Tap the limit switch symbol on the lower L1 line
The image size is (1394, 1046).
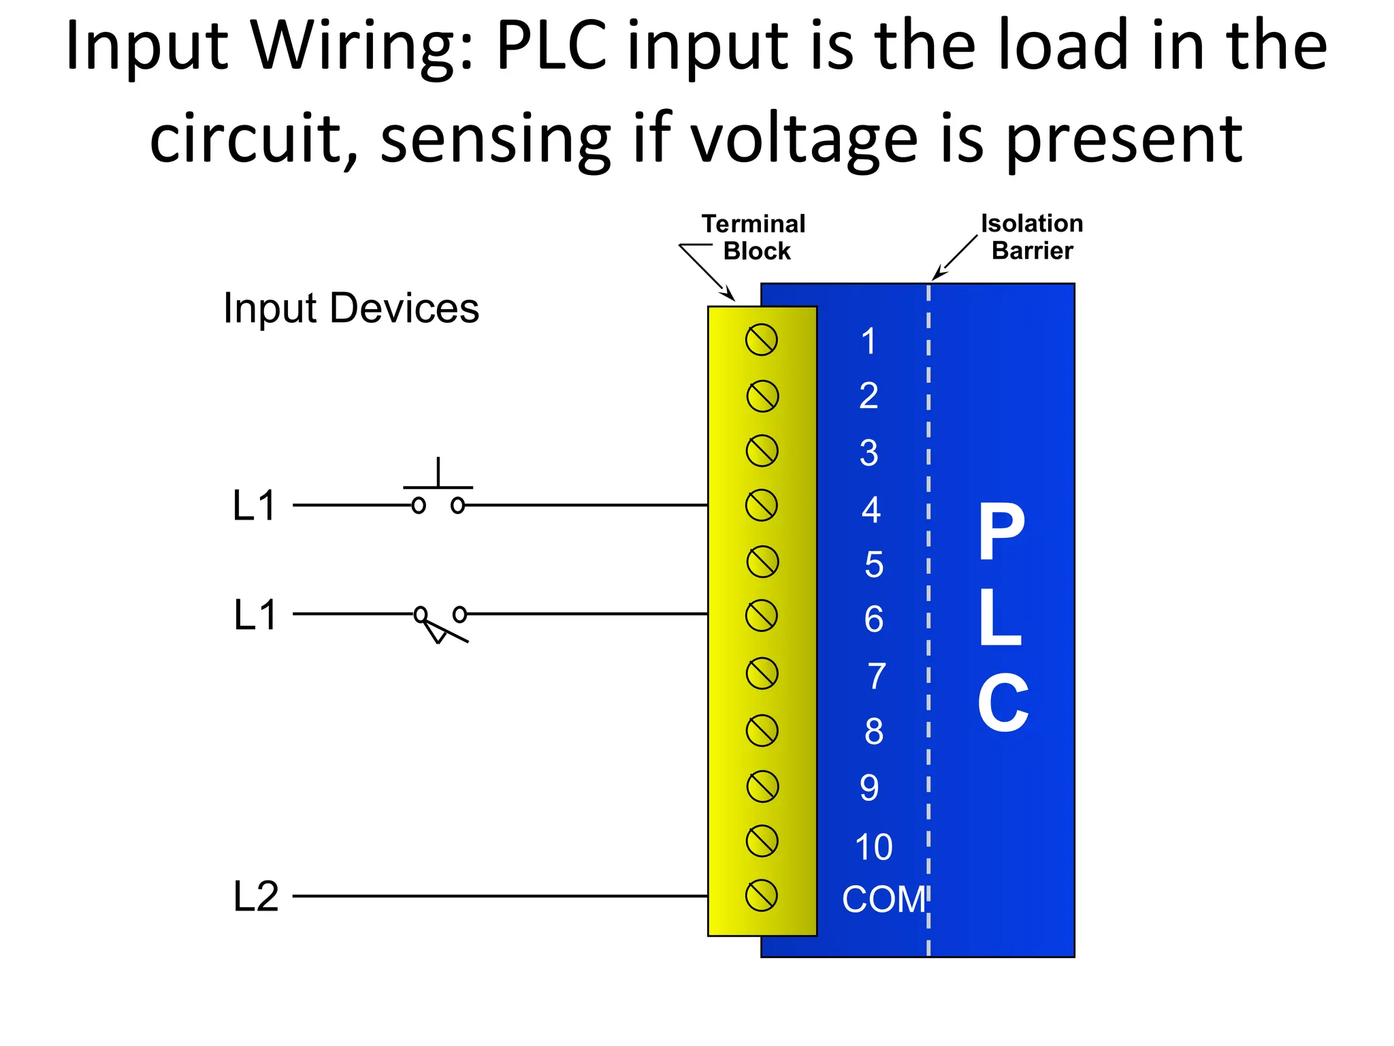pos(440,623)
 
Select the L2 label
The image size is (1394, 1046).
pos(256,896)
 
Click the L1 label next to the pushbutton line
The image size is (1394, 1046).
pos(254,505)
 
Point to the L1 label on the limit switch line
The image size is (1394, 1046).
pos(255,615)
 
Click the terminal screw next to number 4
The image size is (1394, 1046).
pos(762,506)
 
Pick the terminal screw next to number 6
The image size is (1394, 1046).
pos(762,616)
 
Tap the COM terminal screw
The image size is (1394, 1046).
pos(762,896)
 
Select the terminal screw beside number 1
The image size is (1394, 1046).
pos(762,340)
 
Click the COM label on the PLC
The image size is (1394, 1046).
pos(884,900)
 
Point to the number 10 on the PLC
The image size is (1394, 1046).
pos(873,847)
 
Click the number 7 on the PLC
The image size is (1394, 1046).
pos(877,676)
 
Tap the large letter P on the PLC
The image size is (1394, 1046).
pos(1001,533)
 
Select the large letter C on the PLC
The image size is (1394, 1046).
pos(1003,703)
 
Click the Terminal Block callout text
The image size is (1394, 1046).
pos(754,237)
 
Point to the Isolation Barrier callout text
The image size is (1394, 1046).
pos(1032,236)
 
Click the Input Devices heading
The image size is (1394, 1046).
pos(351,308)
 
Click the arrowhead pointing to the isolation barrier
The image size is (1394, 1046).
pos(938,274)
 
